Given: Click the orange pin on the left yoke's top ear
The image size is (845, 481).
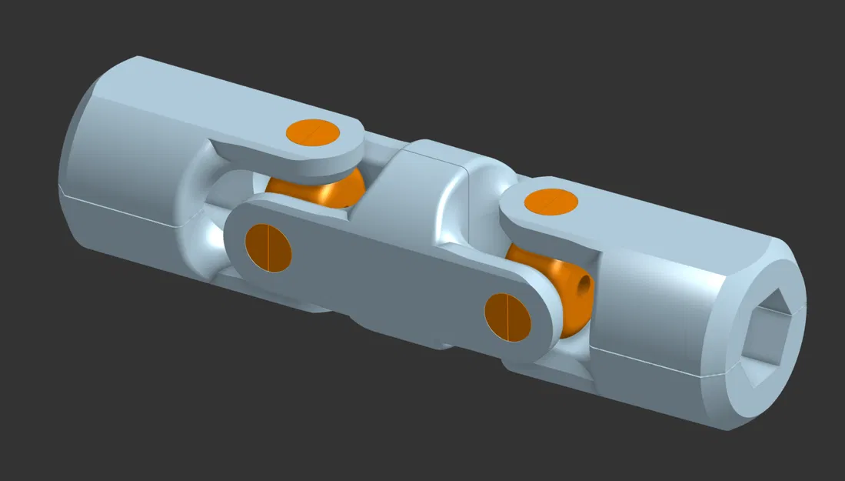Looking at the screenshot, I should (313, 132).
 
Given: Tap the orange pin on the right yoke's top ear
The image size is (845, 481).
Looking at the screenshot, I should (551, 202).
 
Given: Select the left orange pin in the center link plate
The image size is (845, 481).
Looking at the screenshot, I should (268, 248).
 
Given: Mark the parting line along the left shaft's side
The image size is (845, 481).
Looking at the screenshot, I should (123, 213).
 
